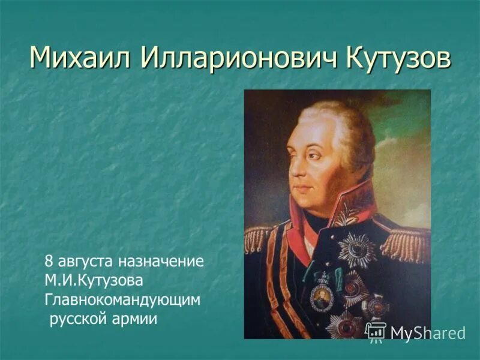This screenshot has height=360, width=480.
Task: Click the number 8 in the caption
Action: (49, 262)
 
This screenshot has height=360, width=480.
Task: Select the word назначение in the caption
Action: (161, 262)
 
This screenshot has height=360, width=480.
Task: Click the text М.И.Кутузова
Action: (93, 281)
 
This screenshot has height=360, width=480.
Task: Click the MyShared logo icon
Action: (376, 331)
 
